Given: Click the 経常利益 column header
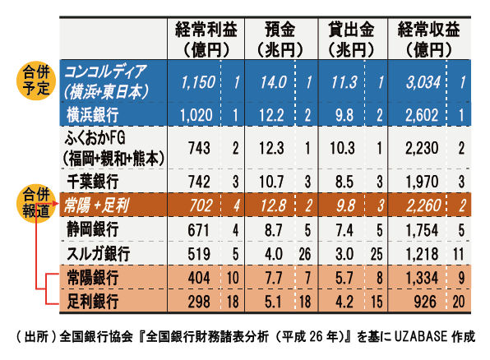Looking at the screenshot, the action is [206, 39].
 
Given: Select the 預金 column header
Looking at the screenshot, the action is [280, 39].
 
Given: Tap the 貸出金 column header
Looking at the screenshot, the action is [352, 39].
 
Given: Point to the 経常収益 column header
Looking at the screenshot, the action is [429, 39].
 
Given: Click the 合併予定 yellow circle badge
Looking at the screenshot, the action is [36, 81].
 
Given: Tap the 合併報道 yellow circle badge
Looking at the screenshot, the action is [36, 203].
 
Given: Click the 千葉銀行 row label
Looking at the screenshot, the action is [93, 182].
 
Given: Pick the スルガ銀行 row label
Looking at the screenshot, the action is [98, 253].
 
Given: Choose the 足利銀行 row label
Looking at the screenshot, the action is [93, 302].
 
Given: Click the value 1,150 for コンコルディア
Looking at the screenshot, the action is [198, 82].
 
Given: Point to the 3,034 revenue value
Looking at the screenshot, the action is [423, 82].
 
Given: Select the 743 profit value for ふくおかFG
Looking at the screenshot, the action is [199, 148].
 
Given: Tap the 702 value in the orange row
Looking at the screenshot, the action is [201, 205].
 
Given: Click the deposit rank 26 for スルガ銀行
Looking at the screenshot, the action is [305, 254].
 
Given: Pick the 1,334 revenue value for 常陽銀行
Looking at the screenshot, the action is [422, 278].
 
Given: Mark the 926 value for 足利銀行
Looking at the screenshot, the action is [425, 302].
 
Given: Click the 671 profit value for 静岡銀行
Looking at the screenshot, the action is [198, 230].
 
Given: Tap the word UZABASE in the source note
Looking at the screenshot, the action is [421, 336].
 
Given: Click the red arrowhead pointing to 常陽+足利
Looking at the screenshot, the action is [56, 204].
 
